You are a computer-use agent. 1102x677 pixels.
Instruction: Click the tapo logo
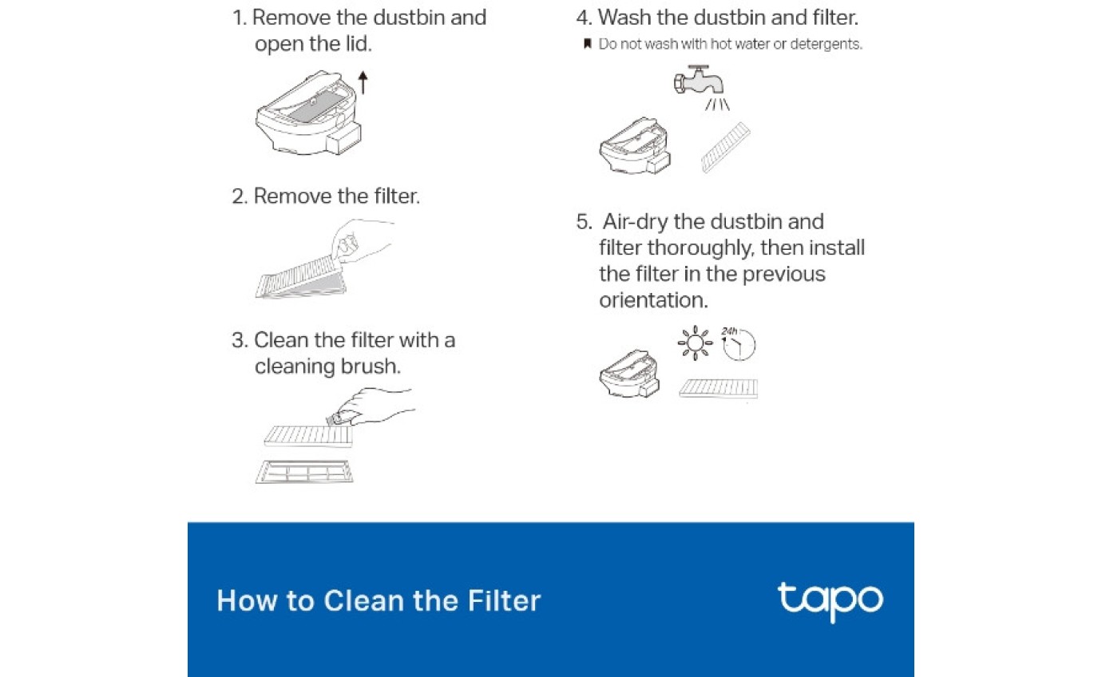point(830,601)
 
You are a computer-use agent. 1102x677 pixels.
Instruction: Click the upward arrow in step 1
point(363,82)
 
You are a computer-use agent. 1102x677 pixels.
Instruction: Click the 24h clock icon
point(739,342)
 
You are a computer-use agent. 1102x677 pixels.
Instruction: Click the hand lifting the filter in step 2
point(363,240)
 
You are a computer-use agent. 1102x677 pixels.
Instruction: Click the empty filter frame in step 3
point(303,471)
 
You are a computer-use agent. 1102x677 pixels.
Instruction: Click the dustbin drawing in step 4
point(635,148)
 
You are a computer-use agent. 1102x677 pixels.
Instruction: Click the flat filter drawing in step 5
point(718,389)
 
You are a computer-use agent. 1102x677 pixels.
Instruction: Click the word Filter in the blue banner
point(505,601)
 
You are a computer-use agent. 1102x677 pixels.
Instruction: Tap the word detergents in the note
point(822,45)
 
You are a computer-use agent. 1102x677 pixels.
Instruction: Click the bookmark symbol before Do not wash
point(587,44)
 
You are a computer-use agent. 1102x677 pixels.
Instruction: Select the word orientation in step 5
point(653,300)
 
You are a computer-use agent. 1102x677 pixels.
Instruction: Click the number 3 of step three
point(238,341)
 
